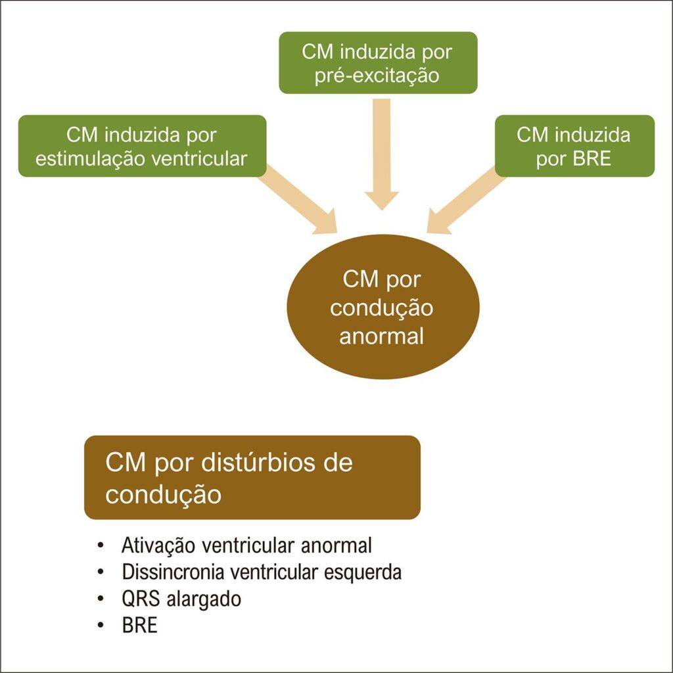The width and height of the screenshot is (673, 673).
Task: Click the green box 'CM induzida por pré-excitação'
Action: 378,63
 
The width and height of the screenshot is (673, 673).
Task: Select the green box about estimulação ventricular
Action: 142,146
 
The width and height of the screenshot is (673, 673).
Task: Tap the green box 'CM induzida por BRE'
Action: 574,146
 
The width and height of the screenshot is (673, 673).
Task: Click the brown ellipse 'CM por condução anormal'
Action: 381,307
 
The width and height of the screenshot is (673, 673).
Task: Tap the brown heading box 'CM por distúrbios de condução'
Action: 252,477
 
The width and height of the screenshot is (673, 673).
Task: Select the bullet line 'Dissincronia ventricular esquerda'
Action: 262,572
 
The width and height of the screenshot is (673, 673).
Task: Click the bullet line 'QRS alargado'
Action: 181,599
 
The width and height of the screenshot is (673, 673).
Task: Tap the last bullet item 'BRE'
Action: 139,625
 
